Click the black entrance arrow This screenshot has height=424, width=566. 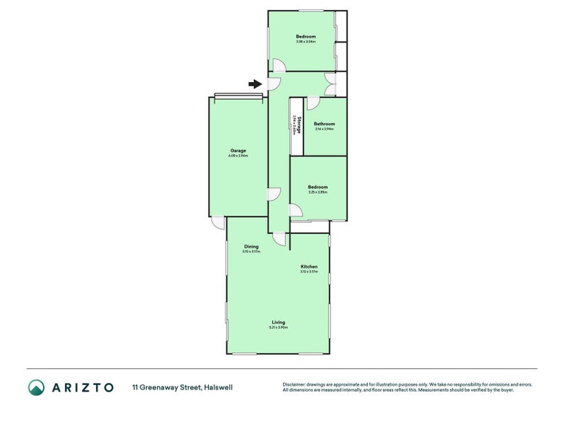(x=255, y=84)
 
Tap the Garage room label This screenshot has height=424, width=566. (x=238, y=151)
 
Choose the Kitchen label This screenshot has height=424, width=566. (x=308, y=266)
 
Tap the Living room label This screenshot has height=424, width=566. (x=278, y=322)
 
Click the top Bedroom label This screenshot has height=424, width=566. (x=306, y=36)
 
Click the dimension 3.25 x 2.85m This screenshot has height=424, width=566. (x=317, y=192)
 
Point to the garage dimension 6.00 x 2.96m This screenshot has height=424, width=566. (x=238, y=155)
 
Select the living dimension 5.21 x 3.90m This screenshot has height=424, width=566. (x=278, y=327)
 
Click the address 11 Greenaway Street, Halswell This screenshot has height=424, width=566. (x=182, y=387)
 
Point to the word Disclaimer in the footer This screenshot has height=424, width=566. (x=296, y=384)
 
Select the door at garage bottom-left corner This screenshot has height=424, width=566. (x=219, y=223)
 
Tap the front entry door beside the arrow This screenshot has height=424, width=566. (x=275, y=84)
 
